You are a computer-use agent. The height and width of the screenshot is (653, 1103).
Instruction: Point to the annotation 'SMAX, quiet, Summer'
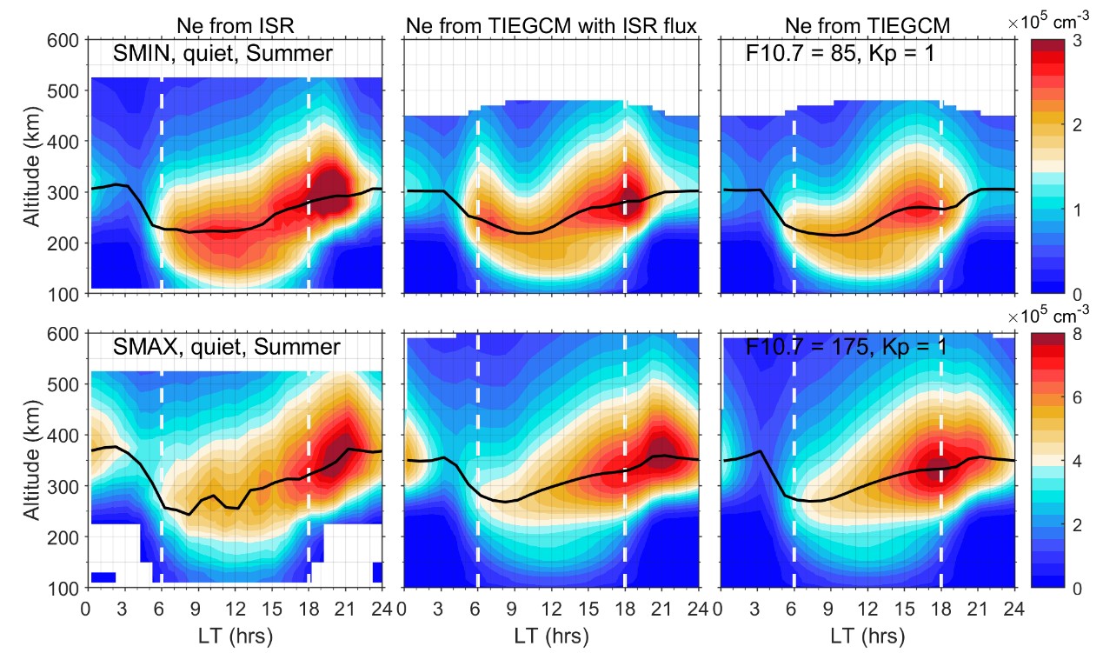(x=227, y=348)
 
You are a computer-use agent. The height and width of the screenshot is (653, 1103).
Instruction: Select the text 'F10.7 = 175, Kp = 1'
(x=847, y=348)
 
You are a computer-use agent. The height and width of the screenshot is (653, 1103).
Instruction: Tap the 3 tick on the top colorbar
(x=1074, y=40)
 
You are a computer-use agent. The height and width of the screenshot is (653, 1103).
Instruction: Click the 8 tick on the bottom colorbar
(x=1074, y=334)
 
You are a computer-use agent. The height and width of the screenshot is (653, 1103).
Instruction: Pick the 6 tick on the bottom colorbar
(x=1074, y=397)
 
